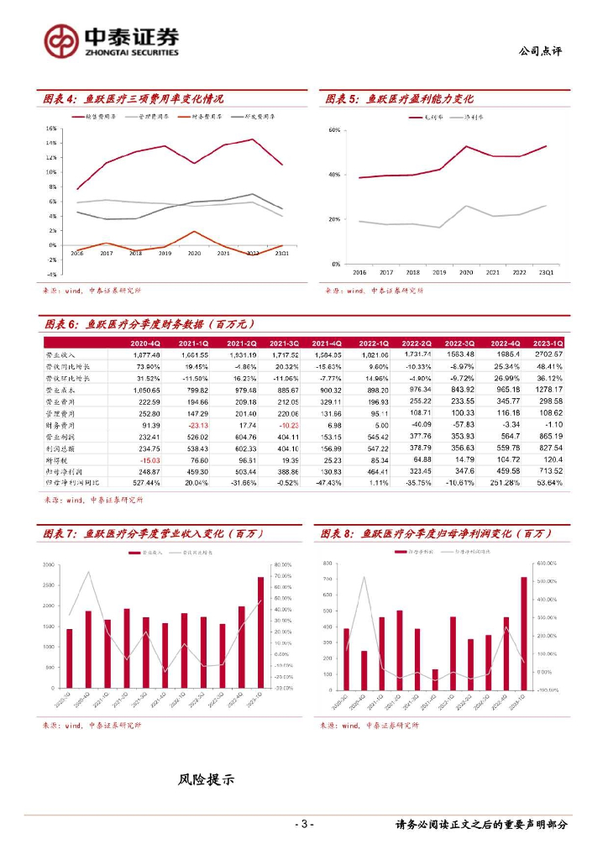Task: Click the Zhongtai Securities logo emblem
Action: coord(61,39)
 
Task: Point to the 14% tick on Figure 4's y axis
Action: coord(51,144)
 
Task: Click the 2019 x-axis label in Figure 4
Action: coord(164,253)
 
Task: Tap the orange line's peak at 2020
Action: coord(194,232)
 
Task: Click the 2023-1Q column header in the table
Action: coord(548,343)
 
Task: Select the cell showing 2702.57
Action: coord(548,355)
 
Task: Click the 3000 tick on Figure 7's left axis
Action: coord(49,565)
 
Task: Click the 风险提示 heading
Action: coord(206,780)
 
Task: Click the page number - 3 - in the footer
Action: coord(304,824)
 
